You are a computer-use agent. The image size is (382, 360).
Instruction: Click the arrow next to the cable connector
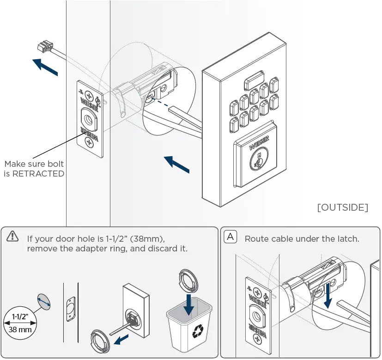(45, 67)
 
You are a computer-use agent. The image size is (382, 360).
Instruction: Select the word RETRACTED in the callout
(38, 174)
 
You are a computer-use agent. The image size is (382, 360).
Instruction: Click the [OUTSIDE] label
(342, 207)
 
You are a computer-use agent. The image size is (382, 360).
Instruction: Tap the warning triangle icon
(12, 237)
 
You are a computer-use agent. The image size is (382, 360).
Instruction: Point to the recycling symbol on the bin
(198, 330)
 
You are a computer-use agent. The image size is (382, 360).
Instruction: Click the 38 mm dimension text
(20, 330)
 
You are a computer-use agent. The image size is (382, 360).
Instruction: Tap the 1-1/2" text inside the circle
(20, 317)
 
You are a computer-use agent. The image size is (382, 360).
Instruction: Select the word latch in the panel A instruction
(348, 239)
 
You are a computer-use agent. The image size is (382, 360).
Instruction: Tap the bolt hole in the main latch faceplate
(88, 118)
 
